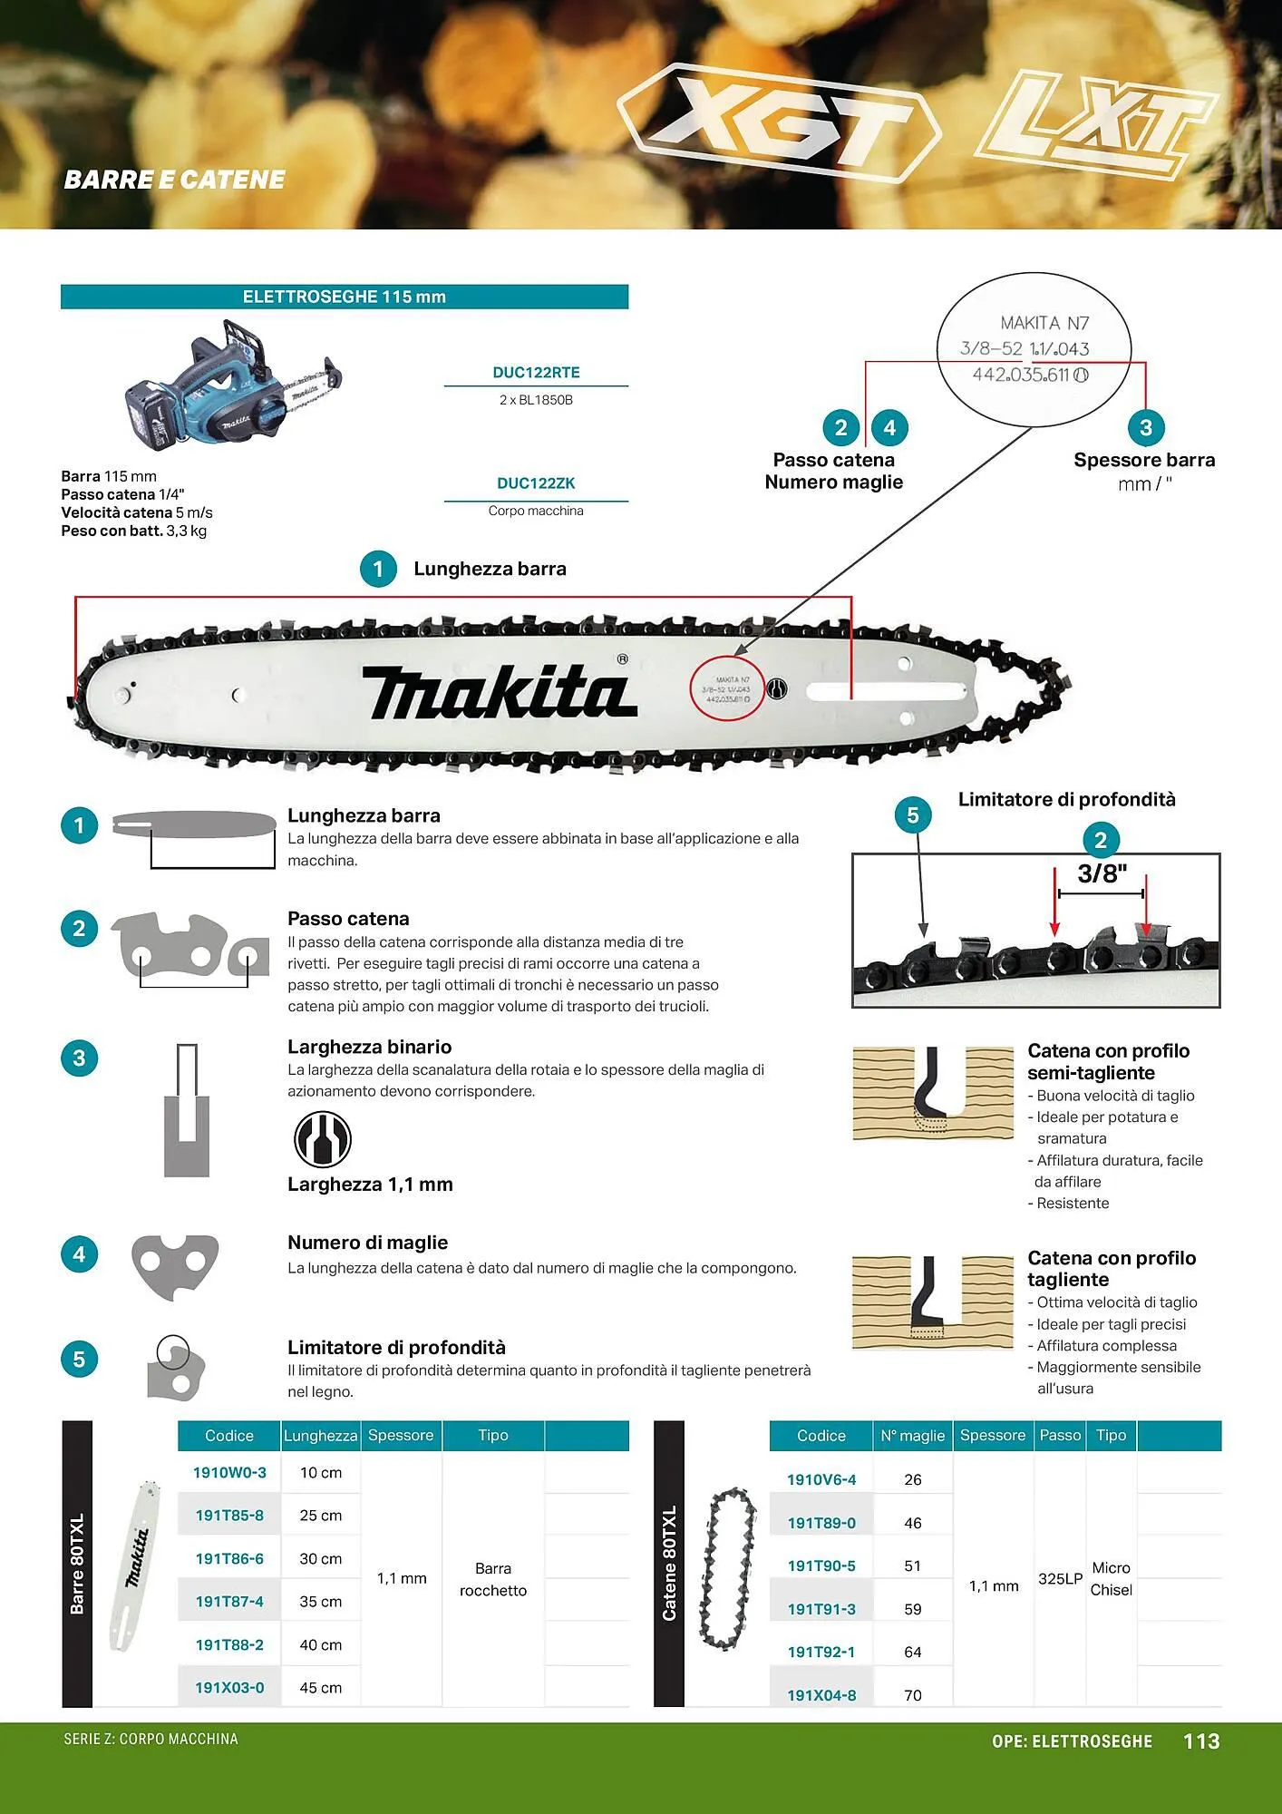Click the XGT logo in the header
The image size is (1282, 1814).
click(780, 122)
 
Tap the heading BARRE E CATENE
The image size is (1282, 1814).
click(174, 180)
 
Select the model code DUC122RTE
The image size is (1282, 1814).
click(536, 372)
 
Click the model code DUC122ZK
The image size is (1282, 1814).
click(536, 483)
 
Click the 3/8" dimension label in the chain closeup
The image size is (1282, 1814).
click(1102, 873)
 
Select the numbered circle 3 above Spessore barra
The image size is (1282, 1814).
click(1146, 427)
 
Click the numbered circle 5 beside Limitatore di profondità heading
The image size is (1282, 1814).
click(913, 815)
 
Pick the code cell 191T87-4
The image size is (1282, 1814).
click(229, 1601)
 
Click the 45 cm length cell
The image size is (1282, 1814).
click(321, 1688)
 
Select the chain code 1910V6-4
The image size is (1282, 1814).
click(821, 1479)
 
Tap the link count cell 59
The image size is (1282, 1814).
click(913, 1609)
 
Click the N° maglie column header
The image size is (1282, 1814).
click(913, 1436)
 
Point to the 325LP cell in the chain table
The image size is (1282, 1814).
click(1060, 1578)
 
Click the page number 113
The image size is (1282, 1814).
click(1201, 1741)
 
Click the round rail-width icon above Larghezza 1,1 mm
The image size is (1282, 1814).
click(323, 1139)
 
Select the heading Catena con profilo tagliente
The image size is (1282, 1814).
click(1112, 1268)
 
